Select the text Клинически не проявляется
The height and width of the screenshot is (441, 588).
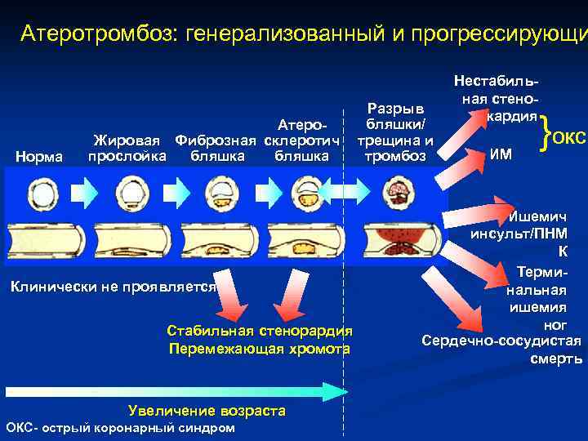click(x=112, y=287)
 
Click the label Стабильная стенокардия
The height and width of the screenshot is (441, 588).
click(x=259, y=331)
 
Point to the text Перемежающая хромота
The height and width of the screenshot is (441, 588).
click(x=259, y=349)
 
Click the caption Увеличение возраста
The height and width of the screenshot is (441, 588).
click(x=207, y=411)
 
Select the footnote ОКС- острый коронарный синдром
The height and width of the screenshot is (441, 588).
click(x=120, y=428)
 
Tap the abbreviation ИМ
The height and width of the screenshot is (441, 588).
click(x=501, y=151)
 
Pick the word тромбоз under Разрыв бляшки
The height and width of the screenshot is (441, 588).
click(x=395, y=155)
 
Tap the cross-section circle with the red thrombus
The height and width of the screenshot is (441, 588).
click(x=399, y=193)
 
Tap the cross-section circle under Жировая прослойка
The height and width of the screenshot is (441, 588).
click(x=129, y=194)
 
